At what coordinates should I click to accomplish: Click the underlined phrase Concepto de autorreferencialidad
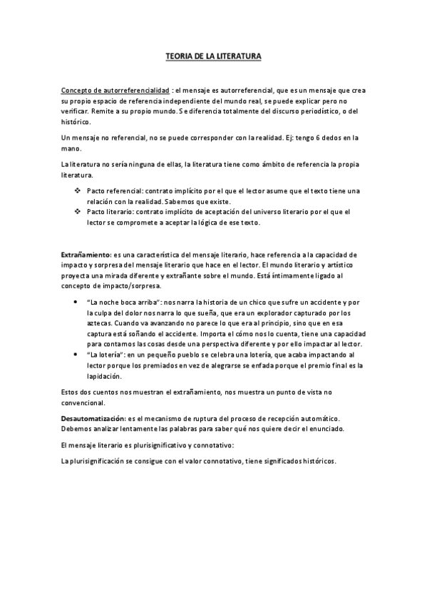click(115, 91)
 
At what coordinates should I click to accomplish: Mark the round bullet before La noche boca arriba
click(76, 302)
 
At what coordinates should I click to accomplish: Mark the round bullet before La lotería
click(76, 355)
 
